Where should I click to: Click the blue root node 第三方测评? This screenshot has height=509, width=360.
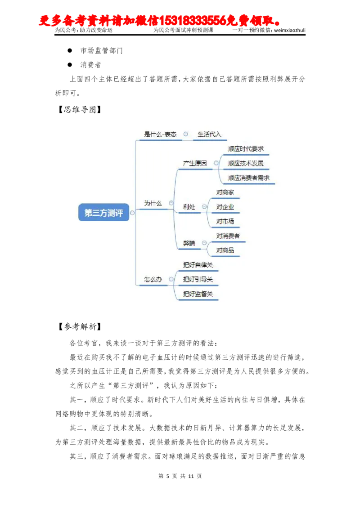(103, 213)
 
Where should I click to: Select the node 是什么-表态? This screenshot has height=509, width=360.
(160, 134)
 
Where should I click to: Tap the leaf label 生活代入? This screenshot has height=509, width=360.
(209, 134)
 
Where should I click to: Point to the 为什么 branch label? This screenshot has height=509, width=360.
(153, 203)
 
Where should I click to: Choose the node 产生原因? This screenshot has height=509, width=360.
(195, 163)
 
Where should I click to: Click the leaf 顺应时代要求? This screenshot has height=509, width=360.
(246, 149)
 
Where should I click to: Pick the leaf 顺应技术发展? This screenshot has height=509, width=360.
(246, 163)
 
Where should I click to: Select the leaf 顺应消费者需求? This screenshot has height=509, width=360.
(249, 178)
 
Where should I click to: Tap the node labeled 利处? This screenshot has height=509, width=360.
(189, 207)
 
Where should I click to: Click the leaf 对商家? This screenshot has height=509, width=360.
(225, 192)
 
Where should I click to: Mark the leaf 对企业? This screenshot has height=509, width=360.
(225, 207)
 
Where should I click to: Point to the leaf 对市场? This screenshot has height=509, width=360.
(225, 221)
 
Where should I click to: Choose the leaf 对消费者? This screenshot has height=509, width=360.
(228, 236)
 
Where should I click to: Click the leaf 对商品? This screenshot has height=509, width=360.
(225, 250)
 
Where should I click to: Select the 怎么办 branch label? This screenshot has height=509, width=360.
(153, 279)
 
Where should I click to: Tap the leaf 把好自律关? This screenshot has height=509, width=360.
(198, 265)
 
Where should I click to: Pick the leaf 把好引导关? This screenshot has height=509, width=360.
(198, 279)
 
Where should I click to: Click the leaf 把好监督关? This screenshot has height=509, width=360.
(198, 294)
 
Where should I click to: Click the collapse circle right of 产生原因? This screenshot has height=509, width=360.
(216, 163)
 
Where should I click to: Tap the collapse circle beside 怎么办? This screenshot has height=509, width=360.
(171, 279)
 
